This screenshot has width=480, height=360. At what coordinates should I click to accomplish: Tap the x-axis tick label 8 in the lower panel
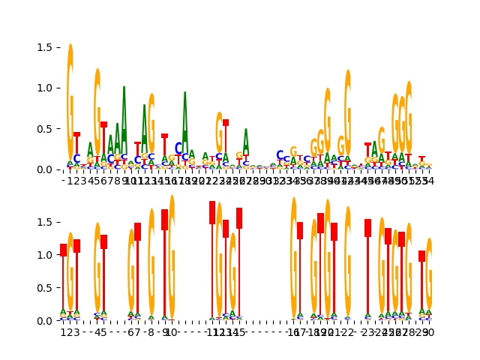(151, 332)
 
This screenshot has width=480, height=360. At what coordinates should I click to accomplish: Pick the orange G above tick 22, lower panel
(348, 262)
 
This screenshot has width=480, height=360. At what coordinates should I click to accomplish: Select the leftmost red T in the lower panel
(64, 285)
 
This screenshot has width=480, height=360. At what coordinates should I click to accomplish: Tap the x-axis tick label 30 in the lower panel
(429, 332)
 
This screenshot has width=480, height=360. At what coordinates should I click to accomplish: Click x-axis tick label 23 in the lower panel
(367, 332)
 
